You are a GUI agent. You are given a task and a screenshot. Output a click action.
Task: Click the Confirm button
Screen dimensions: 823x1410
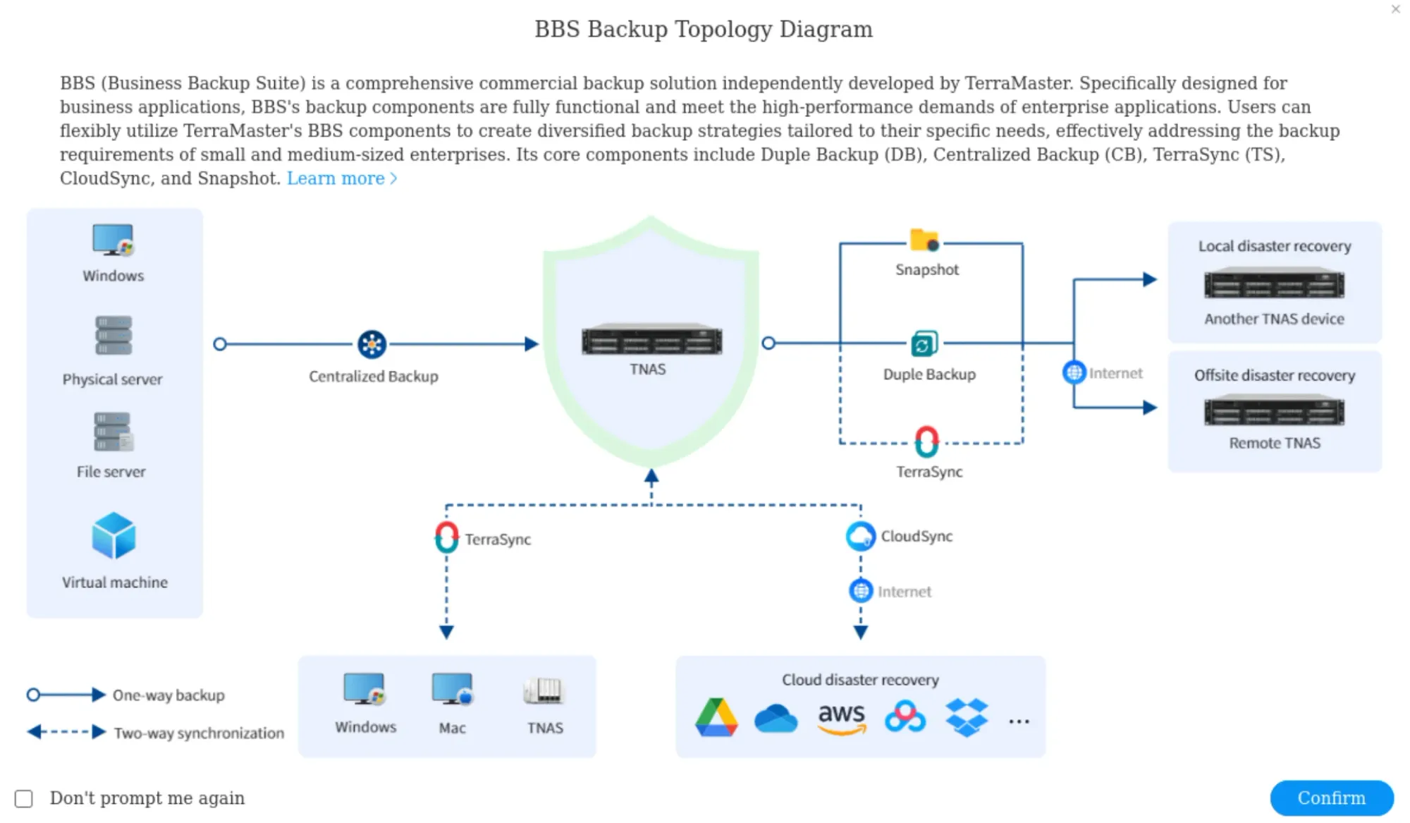coord(1331,798)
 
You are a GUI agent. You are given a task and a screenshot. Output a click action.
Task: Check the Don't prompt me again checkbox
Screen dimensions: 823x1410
coord(24,798)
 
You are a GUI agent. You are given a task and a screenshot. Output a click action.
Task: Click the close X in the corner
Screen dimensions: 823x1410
coord(1395,9)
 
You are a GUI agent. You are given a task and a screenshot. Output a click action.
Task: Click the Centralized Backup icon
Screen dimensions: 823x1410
coord(372,344)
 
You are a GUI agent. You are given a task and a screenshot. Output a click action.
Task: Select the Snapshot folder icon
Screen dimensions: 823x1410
coord(924,240)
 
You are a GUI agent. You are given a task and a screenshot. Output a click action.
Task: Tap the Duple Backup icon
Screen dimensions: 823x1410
coord(924,343)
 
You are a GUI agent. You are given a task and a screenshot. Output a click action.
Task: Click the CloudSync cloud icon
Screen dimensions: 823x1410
coord(861,537)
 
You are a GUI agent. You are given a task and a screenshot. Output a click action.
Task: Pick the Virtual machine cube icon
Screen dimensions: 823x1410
coord(114,536)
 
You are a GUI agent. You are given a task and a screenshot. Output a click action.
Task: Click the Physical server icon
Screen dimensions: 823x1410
coord(114,336)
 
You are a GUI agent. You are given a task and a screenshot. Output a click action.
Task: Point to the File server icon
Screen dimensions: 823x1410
coord(113,432)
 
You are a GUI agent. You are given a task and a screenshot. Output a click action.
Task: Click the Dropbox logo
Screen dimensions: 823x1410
coord(966,718)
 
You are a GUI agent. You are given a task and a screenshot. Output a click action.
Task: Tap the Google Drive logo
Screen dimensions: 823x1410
coord(716,718)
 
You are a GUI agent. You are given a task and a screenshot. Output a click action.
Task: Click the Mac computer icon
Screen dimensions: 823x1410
coord(452,690)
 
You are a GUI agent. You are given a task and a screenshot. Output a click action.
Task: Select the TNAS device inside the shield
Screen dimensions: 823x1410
coord(651,341)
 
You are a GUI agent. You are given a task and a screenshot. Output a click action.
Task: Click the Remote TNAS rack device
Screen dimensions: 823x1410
coord(1274,411)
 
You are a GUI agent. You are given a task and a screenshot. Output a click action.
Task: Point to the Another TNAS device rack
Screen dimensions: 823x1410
coord(1274,284)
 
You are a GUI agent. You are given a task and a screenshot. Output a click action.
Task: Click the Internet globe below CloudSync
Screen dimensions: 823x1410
coord(861,591)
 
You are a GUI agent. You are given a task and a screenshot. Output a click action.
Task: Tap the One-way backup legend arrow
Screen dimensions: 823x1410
coord(66,695)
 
